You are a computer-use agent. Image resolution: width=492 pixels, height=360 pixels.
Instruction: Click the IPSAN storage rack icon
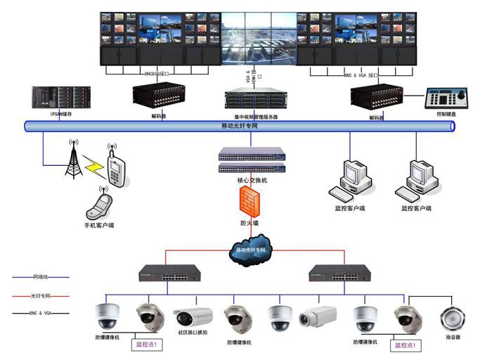pos(51,97)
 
